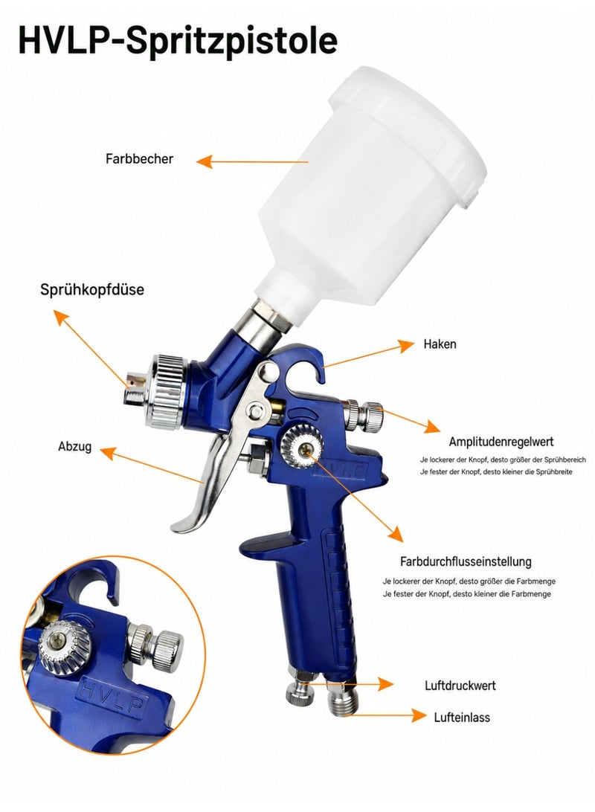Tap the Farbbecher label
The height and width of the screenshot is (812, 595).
[139, 158]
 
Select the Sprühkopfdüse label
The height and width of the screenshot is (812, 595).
[92, 289]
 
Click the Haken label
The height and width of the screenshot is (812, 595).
[440, 344]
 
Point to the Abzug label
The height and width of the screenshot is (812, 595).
[74, 446]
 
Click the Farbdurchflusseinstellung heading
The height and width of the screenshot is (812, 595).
[466, 561]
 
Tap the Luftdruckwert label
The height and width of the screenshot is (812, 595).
[460, 686]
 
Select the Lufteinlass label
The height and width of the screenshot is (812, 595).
[461, 718]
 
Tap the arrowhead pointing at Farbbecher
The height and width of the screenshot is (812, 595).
[204, 161]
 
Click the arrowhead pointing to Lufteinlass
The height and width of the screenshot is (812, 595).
[418, 715]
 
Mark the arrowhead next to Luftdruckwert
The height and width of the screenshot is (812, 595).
[385, 684]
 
